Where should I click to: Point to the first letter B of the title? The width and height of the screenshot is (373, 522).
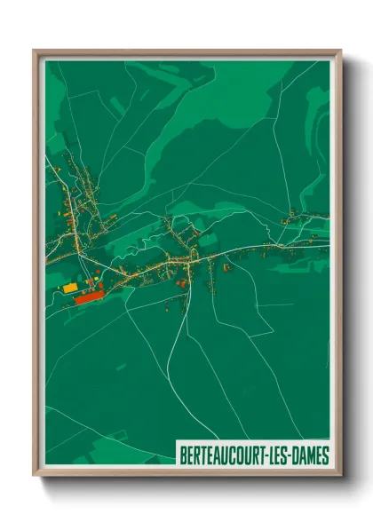(x=183, y=455)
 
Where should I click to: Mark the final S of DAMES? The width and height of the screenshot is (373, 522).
(x=326, y=455)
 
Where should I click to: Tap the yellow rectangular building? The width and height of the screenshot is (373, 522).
(x=70, y=288)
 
